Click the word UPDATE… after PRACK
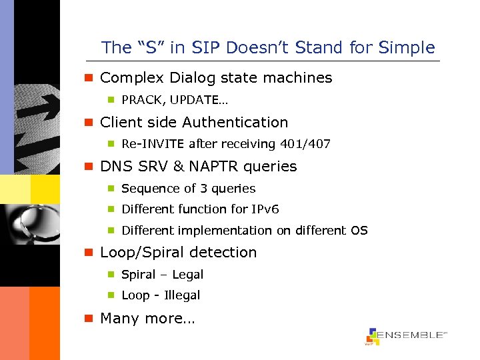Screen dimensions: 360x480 (x=193, y=100)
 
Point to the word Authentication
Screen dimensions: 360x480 (x=235, y=123)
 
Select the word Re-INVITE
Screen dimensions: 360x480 (x=153, y=144)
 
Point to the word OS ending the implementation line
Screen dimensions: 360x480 (x=359, y=231)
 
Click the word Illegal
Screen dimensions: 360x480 (x=182, y=295)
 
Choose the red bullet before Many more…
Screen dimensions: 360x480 (x=87, y=319)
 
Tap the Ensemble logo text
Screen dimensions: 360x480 (x=412, y=335)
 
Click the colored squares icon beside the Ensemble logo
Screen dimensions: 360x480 (x=372, y=337)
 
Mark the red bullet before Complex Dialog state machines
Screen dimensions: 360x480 (x=87, y=78)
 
